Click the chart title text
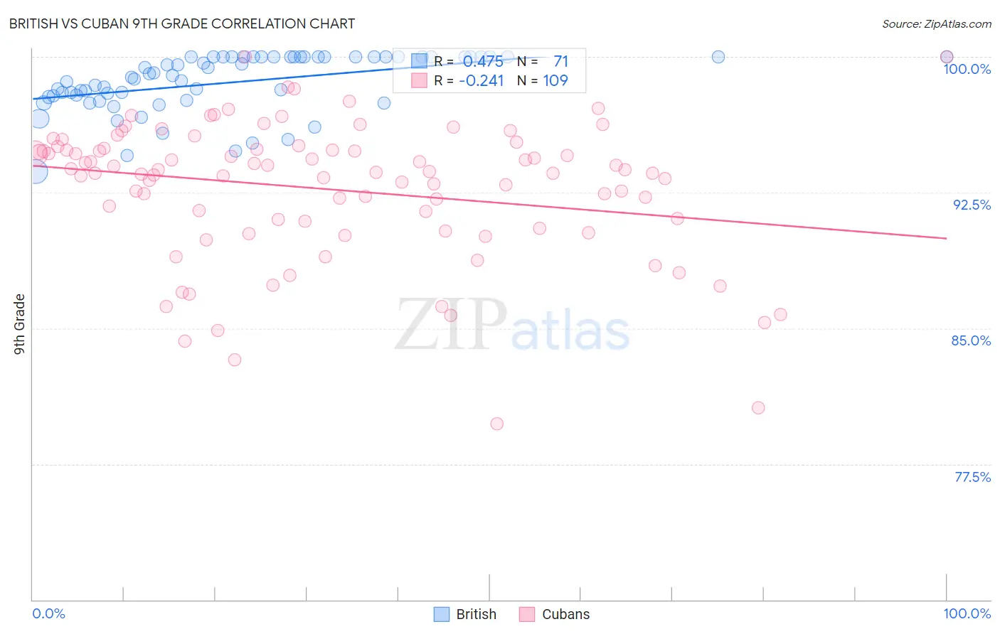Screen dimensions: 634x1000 pyautogui.click(x=182, y=23)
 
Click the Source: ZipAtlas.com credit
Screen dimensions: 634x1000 pyautogui.click(x=936, y=23)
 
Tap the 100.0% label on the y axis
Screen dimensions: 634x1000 pyautogui.click(x=967, y=69)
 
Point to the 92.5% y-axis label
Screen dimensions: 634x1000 pyautogui.click(x=972, y=205)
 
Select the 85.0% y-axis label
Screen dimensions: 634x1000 pyautogui.click(x=971, y=340)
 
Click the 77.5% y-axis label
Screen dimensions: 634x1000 pyautogui.click(x=972, y=477)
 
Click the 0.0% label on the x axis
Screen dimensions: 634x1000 pyautogui.click(x=48, y=613)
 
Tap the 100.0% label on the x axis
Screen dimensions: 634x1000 pyautogui.click(x=967, y=613)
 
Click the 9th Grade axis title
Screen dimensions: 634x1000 pyautogui.click(x=19, y=324)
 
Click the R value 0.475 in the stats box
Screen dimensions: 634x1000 pyautogui.click(x=483, y=62)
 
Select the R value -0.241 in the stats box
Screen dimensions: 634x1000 pyautogui.click(x=482, y=81)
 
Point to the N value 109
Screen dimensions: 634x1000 pyautogui.click(x=555, y=81)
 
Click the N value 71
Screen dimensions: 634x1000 pyautogui.click(x=560, y=62)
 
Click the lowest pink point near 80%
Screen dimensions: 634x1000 pyautogui.click(x=496, y=424)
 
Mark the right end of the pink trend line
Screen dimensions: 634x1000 pyautogui.click(x=947, y=238)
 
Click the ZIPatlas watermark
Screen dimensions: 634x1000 pyautogui.click(x=512, y=326)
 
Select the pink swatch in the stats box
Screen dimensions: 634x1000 pyautogui.click(x=420, y=80)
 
